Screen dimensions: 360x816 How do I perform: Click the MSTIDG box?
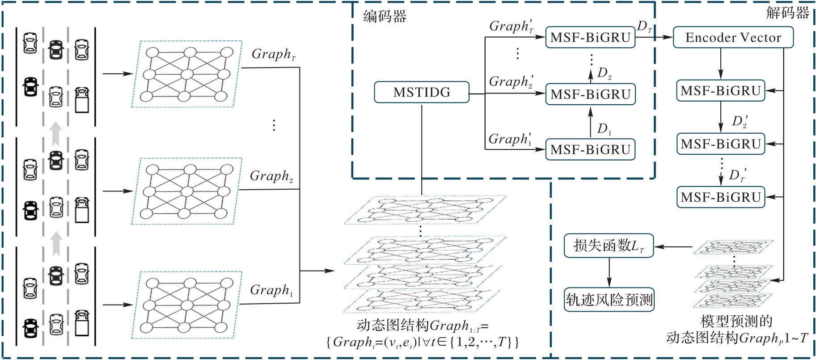(x=422, y=93)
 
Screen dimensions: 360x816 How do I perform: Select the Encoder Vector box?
(x=733, y=38)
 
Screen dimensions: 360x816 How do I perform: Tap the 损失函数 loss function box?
(x=609, y=246)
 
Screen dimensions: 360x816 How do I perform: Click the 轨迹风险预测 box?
(x=609, y=300)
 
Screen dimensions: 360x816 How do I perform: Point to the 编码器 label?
(x=385, y=17)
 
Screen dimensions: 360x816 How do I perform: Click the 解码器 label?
(x=787, y=13)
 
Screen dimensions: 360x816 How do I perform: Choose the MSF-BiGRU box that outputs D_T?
(x=590, y=38)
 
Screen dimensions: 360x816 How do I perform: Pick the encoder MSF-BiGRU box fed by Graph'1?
(x=590, y=149)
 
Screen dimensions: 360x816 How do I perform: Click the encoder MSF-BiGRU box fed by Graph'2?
(x=590, y=94)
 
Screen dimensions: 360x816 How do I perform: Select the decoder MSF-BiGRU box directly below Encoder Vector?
(x=721, y=91)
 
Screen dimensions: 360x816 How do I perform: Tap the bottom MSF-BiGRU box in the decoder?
(x=721, y=197)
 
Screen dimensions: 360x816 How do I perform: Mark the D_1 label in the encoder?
(x=604, y=129)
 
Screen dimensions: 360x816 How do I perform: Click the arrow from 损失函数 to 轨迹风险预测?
(x=609, y=272)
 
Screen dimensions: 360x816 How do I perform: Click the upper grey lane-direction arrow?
(x=55, y=134)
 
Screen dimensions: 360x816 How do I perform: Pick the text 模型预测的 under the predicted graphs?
(x=736, y=321)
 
